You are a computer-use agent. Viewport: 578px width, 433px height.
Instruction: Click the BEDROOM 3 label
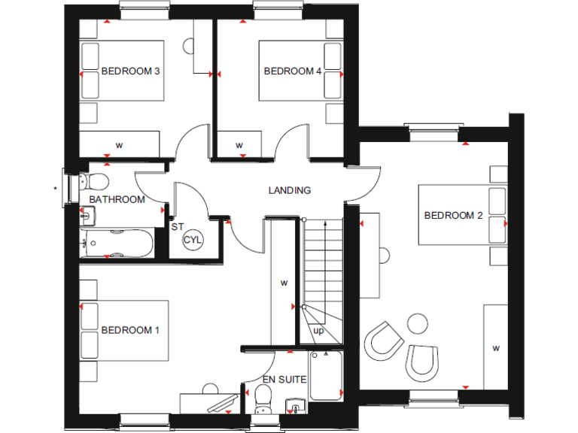click(x=131, y=71)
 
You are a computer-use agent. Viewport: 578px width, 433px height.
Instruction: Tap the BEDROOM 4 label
click(x=293, y=71)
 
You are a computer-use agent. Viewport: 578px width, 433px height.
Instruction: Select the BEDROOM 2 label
click(x=453, y=216)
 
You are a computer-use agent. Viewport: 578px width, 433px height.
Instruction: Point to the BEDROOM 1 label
click(x=130, y=330)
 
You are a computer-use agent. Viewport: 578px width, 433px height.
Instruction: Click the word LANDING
click(x=290, y=190)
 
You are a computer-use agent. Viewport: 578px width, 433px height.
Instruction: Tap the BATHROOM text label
click(x=117, y=199)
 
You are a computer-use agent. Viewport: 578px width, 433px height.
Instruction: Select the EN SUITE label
click(x=284, y=380)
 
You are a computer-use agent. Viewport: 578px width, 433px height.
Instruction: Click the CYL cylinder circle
click(x=193, y=239)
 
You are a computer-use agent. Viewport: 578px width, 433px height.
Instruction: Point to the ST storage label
click(x=177, y=226)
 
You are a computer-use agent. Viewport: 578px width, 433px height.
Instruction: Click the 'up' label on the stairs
click(x=319, y=330)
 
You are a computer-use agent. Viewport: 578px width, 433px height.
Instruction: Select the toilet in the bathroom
click(x=93, y=181)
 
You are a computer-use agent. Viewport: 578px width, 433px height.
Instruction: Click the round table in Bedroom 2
click(x=415, y=325)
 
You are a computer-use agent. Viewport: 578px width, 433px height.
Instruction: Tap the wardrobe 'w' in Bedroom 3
click(x=119, y=144)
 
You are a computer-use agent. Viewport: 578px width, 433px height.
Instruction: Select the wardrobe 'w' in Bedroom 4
click(x=239, y=145)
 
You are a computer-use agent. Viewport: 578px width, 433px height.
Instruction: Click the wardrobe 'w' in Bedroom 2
click(x=495, y=348)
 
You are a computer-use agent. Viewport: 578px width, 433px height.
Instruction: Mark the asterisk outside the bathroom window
click(x=56, y=188)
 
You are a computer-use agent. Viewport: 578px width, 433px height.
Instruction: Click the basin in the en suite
click(x=295, y=408)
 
